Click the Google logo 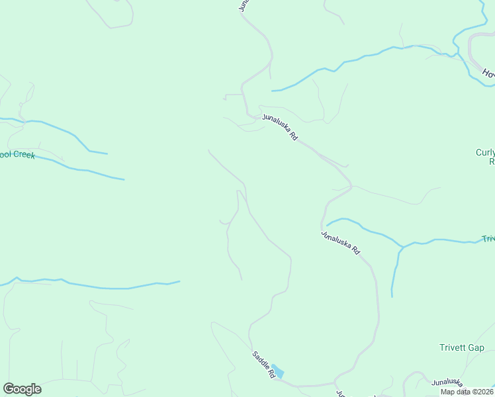click(22, 389)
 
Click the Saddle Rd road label click(263, 364)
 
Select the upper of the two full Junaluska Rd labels click(279, 127)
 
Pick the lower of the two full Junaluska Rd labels click(340, 243)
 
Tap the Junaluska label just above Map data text click(447, 382)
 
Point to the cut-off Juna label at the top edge click(244, 5)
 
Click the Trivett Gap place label click(461, 347)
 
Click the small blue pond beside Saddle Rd click(278, 371)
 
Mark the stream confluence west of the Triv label click(402, 247)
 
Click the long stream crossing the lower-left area click(99, 287)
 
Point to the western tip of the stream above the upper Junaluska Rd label click(272, 91)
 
